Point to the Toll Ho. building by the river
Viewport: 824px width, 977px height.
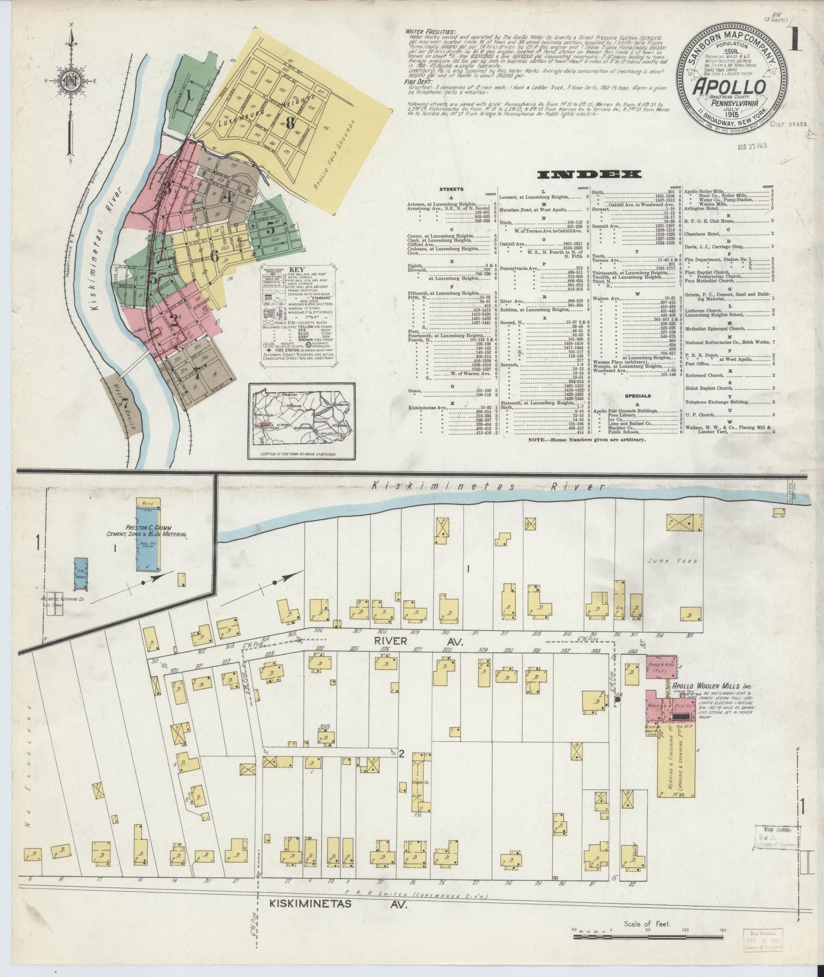[x=779, y=511]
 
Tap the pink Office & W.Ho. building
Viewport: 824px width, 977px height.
[x=658, y=666]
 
